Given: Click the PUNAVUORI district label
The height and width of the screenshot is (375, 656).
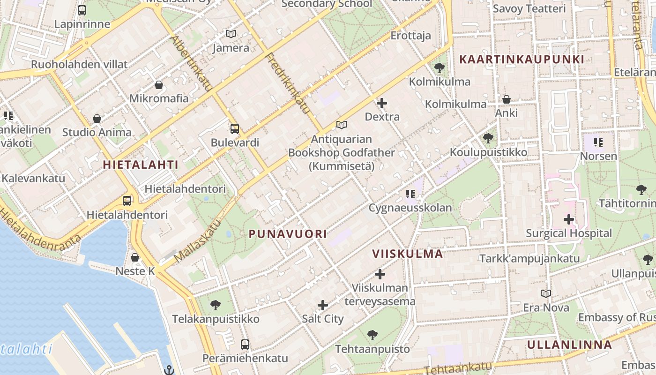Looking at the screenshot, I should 288,234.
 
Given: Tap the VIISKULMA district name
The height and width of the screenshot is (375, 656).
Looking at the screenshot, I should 407,254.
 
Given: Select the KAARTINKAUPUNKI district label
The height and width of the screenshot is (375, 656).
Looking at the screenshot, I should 522,60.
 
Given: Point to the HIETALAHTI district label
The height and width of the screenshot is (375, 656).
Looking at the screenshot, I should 141,165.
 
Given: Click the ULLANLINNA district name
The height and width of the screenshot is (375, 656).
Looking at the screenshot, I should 569,345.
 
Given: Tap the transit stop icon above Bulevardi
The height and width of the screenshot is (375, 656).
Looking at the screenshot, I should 235,128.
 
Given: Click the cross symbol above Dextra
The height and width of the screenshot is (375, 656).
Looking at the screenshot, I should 382,103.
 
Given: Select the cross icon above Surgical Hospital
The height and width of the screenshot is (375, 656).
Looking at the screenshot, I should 569,219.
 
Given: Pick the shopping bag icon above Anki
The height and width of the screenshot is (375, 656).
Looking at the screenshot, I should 507,99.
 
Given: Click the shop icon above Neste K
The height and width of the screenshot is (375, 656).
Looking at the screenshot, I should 135,257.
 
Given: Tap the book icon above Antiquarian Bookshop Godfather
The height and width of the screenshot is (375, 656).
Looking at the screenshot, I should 342,125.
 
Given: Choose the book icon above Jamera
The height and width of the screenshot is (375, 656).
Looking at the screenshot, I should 231,34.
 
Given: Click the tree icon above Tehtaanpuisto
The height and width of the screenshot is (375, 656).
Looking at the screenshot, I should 373,335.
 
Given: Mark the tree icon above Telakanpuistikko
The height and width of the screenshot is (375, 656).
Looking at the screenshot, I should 216,305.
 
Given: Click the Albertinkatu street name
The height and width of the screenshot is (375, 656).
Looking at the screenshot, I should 192,63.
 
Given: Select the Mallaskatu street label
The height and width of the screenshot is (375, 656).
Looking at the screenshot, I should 197,242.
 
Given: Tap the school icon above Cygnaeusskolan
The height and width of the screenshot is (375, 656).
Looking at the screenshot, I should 410,194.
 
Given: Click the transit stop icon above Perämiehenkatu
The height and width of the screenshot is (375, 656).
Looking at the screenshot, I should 245,345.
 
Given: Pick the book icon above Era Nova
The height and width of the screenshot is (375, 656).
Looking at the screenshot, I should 545,293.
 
